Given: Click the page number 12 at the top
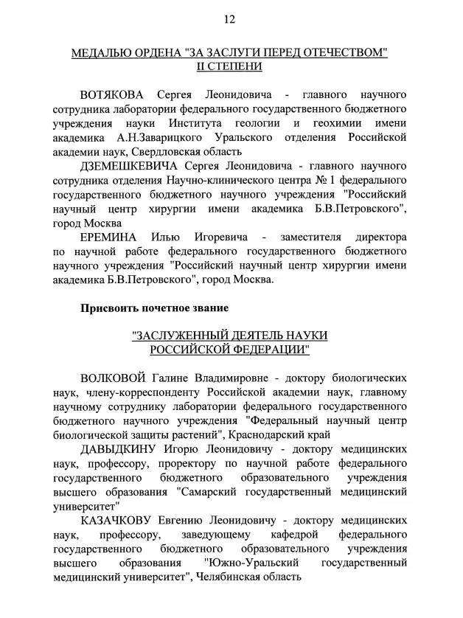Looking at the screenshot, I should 230,18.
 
